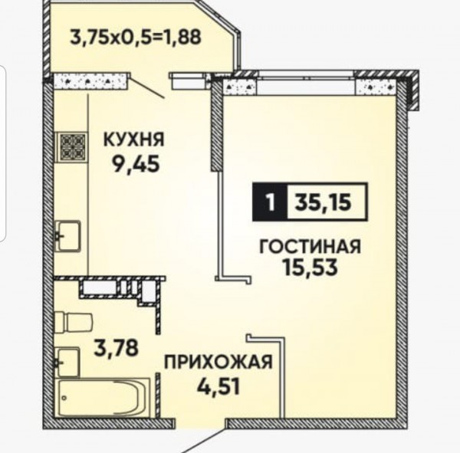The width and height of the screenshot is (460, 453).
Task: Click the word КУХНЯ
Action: [133, 140]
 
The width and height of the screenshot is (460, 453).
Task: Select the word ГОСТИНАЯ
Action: [310, 247]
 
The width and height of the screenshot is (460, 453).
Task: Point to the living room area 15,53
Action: [309, 268]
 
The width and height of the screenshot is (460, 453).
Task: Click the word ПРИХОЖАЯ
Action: [219, 362]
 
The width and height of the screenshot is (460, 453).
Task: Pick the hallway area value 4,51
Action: [219, 386]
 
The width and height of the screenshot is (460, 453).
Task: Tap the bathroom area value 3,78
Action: [116, 348]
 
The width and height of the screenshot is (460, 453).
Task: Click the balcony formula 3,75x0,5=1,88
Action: [136, 38]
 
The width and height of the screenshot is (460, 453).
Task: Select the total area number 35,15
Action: [323, 202]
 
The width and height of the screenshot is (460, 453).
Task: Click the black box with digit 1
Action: [270, 202]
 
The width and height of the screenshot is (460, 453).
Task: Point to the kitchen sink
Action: [67, 236]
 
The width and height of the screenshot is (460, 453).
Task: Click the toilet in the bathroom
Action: [74, 323]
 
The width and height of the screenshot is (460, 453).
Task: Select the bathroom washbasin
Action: [67, 363]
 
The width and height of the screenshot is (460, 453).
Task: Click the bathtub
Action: [103, 398]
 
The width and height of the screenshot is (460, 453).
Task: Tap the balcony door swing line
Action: [147, 87]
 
